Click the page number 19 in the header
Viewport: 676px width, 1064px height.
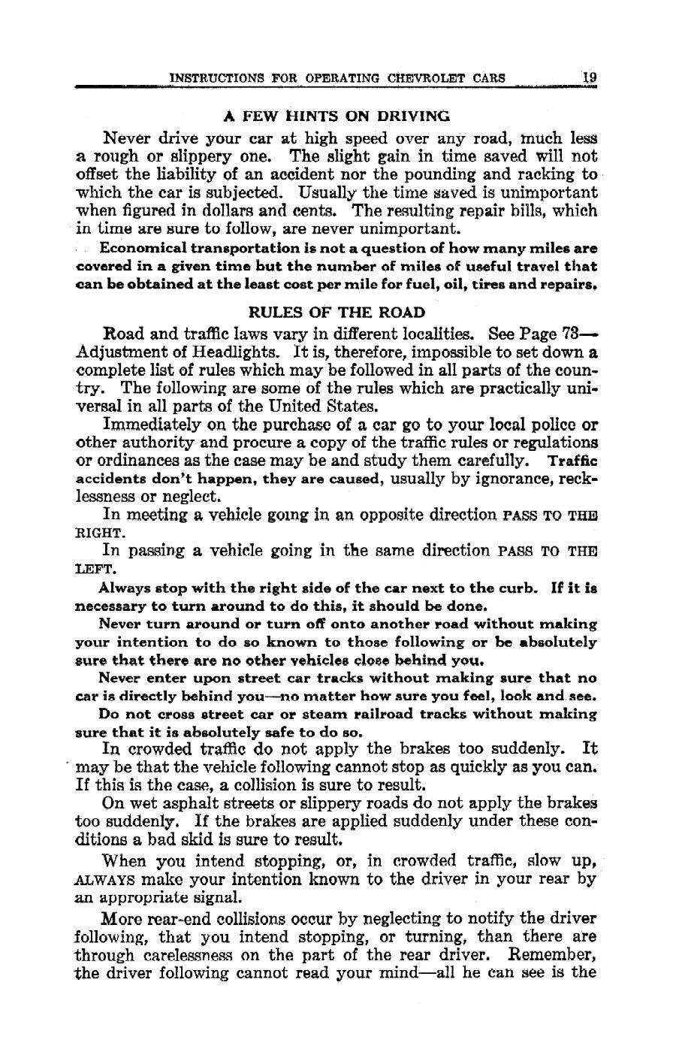tap(589, 77)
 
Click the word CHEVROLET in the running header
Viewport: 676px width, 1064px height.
tap(426, 77)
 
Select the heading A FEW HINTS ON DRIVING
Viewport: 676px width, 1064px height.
tap(337, 116)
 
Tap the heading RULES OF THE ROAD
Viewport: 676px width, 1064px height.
tap(336, 312)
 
